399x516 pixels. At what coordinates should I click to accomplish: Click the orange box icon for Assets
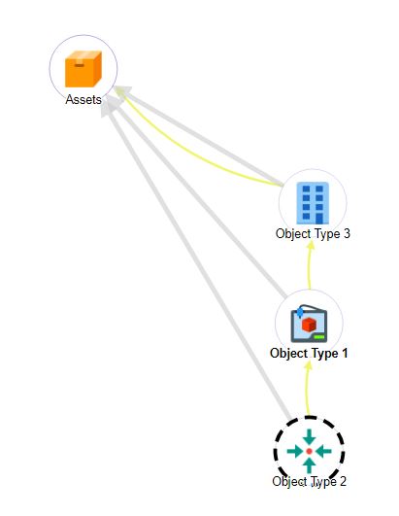[83, 69]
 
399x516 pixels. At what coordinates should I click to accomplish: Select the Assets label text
[83, 99]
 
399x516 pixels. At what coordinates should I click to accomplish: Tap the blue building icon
[313, 203]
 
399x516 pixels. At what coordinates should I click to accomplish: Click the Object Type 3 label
[313, 233]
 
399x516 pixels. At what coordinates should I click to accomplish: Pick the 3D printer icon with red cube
[309, 324]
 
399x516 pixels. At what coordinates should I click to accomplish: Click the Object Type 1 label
[309, 354]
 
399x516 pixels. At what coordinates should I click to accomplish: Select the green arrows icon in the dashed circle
[309, 451]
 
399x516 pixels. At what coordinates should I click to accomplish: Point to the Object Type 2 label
[310, 481]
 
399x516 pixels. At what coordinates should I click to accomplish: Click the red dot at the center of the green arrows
[309, 451]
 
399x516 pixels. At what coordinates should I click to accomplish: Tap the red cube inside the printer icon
[309, 325]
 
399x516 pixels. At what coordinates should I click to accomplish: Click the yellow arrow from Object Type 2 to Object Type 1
[308, 389]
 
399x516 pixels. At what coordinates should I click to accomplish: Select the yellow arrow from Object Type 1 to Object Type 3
[310, 265]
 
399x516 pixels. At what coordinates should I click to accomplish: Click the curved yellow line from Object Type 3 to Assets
[184, 152]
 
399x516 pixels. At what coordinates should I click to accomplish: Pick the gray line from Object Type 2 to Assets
[196, 261]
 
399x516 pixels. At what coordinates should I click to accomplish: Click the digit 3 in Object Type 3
[347, 233]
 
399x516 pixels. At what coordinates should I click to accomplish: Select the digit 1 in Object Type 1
[344, 353]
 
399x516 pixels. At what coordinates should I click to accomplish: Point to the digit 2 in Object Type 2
[343, 481]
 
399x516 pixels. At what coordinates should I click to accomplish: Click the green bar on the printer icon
[318, 337]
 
